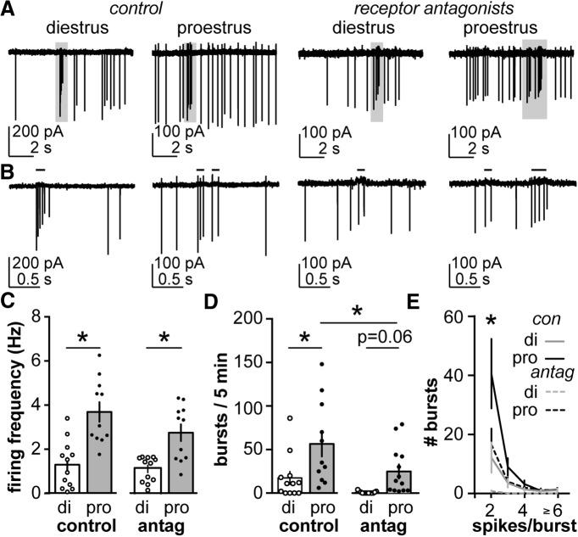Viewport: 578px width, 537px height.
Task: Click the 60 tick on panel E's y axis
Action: tap(470, 317)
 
